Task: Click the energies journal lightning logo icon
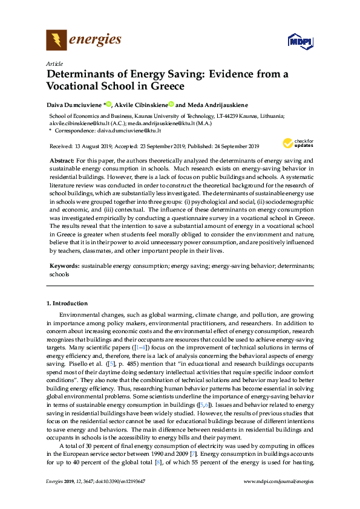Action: coord(56,41)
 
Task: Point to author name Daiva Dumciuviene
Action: coord(76,103)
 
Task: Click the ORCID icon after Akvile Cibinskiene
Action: coord(171,103)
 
